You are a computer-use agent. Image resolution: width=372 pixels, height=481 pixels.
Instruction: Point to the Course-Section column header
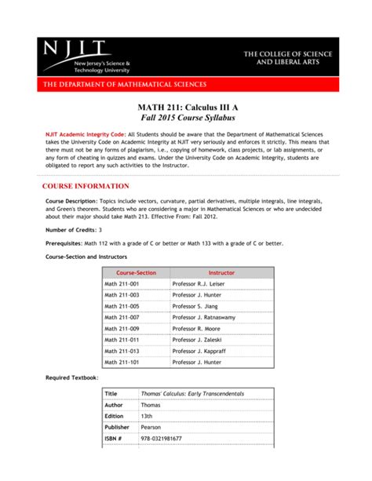click(136, 272)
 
